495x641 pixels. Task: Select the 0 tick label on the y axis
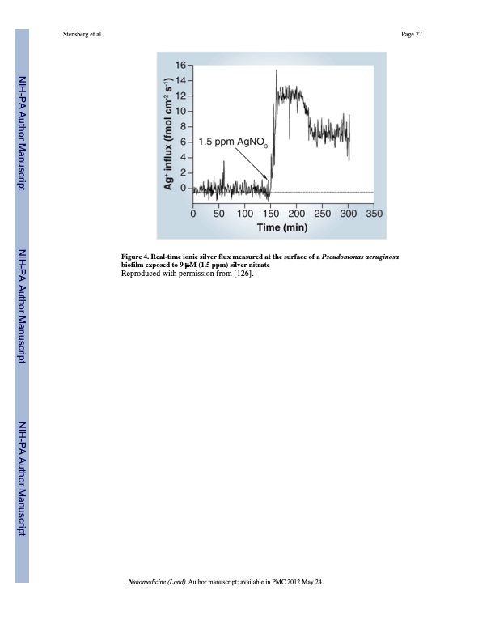(x=181, y=189)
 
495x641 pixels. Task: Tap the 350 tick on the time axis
(x=374, y=214)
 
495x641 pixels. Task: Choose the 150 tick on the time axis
(x=270, y=214)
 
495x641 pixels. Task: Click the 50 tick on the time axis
(x=219, y=214)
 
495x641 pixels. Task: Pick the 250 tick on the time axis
(x=322, y=214)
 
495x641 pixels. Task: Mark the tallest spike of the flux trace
(x=277, y=71)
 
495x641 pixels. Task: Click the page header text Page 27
(x=412, y=34)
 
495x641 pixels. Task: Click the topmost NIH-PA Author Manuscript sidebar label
(x=23, y=134)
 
